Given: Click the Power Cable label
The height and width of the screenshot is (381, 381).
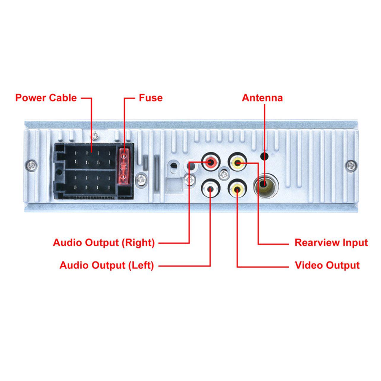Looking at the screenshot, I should tap(46, 98).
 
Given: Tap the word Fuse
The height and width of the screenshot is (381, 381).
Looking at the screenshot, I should tap(151, 98).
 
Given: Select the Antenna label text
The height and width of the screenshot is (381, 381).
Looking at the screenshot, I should tap(262, 98).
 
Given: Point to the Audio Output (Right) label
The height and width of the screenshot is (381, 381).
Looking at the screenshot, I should tap(104, 243).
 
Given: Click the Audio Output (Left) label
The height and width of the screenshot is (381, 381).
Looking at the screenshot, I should tap(107, 265).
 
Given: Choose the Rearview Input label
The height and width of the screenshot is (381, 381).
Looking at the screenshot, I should tap(331, 243).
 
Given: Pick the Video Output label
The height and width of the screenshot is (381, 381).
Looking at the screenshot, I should tap(327, 265).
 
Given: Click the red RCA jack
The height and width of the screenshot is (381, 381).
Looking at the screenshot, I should tap(211, 162).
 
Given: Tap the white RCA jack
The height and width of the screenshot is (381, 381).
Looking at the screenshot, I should tap(211, 189).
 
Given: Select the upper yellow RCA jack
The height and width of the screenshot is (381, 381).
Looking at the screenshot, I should tap(237, 162).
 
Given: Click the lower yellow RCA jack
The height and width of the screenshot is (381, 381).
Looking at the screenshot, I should tap(237, 189).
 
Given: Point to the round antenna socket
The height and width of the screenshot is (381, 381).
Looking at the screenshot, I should tap(265, 186).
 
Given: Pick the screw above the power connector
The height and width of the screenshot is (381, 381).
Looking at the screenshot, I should tap(95, 136).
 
